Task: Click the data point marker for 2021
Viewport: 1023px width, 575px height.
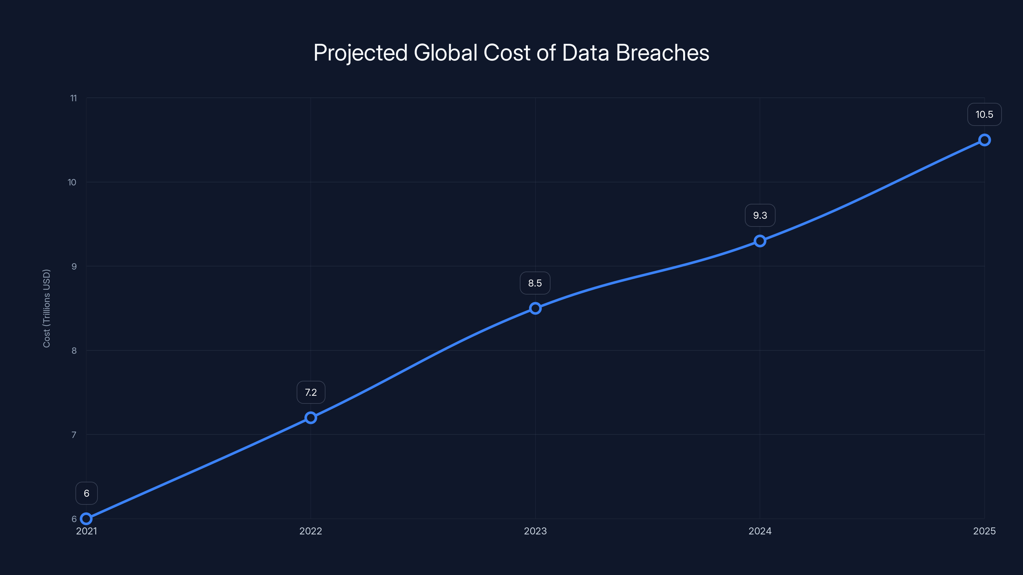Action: (x=86, y=519)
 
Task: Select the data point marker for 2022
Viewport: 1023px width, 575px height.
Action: (x=310, y=418)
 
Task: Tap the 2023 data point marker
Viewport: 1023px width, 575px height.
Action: (x=535, y=308)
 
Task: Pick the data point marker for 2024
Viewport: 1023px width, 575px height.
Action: (x=760, y=241)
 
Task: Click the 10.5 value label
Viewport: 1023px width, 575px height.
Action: (x=984, y=115)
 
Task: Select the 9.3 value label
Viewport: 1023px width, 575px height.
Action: (x=760, y=216)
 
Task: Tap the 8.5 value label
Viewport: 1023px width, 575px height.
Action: (x=535, y=283)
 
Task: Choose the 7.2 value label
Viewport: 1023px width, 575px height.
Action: (x=310, y=393)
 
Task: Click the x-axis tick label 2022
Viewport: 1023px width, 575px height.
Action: (x=310, y=531)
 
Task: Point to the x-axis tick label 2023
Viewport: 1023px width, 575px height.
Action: (x=535, y=531)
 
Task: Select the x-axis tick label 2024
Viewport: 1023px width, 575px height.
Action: (x=760, y=531)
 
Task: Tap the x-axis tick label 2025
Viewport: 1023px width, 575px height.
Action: (x=984, y=531)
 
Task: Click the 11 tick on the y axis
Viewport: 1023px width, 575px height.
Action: (x=74, y=98)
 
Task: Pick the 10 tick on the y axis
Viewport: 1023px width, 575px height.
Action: (x=72, y=182)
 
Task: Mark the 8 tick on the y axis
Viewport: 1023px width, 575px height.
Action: (x=74, y=350)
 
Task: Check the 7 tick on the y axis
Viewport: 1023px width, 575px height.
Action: (x=74, y=434)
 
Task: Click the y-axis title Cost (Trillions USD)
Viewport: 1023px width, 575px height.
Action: (x=46, y=308)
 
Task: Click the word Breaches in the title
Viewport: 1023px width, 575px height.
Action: (x=662, y=53)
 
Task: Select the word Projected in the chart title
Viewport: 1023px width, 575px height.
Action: (x=360, y=53)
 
